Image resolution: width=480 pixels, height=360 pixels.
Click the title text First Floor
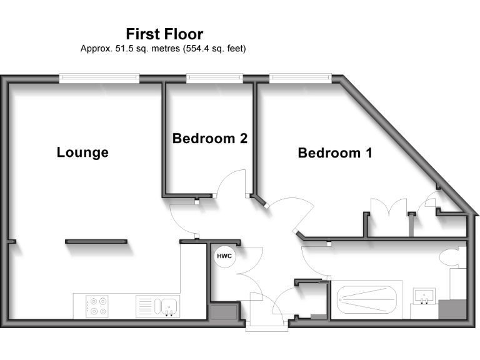tap(164, 34)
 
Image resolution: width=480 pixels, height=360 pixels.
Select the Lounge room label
tap(82, 152)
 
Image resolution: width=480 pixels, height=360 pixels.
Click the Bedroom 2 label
tap(210, 139)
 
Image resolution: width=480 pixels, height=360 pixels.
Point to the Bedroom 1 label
tap(335, 152)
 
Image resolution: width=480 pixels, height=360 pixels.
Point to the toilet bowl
tap(450, 257)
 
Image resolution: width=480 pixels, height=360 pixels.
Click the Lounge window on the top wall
tap(99, 78)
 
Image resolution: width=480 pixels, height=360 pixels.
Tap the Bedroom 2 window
tap(214, 78)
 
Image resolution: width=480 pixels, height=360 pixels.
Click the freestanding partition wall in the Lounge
tap(96, 241)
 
